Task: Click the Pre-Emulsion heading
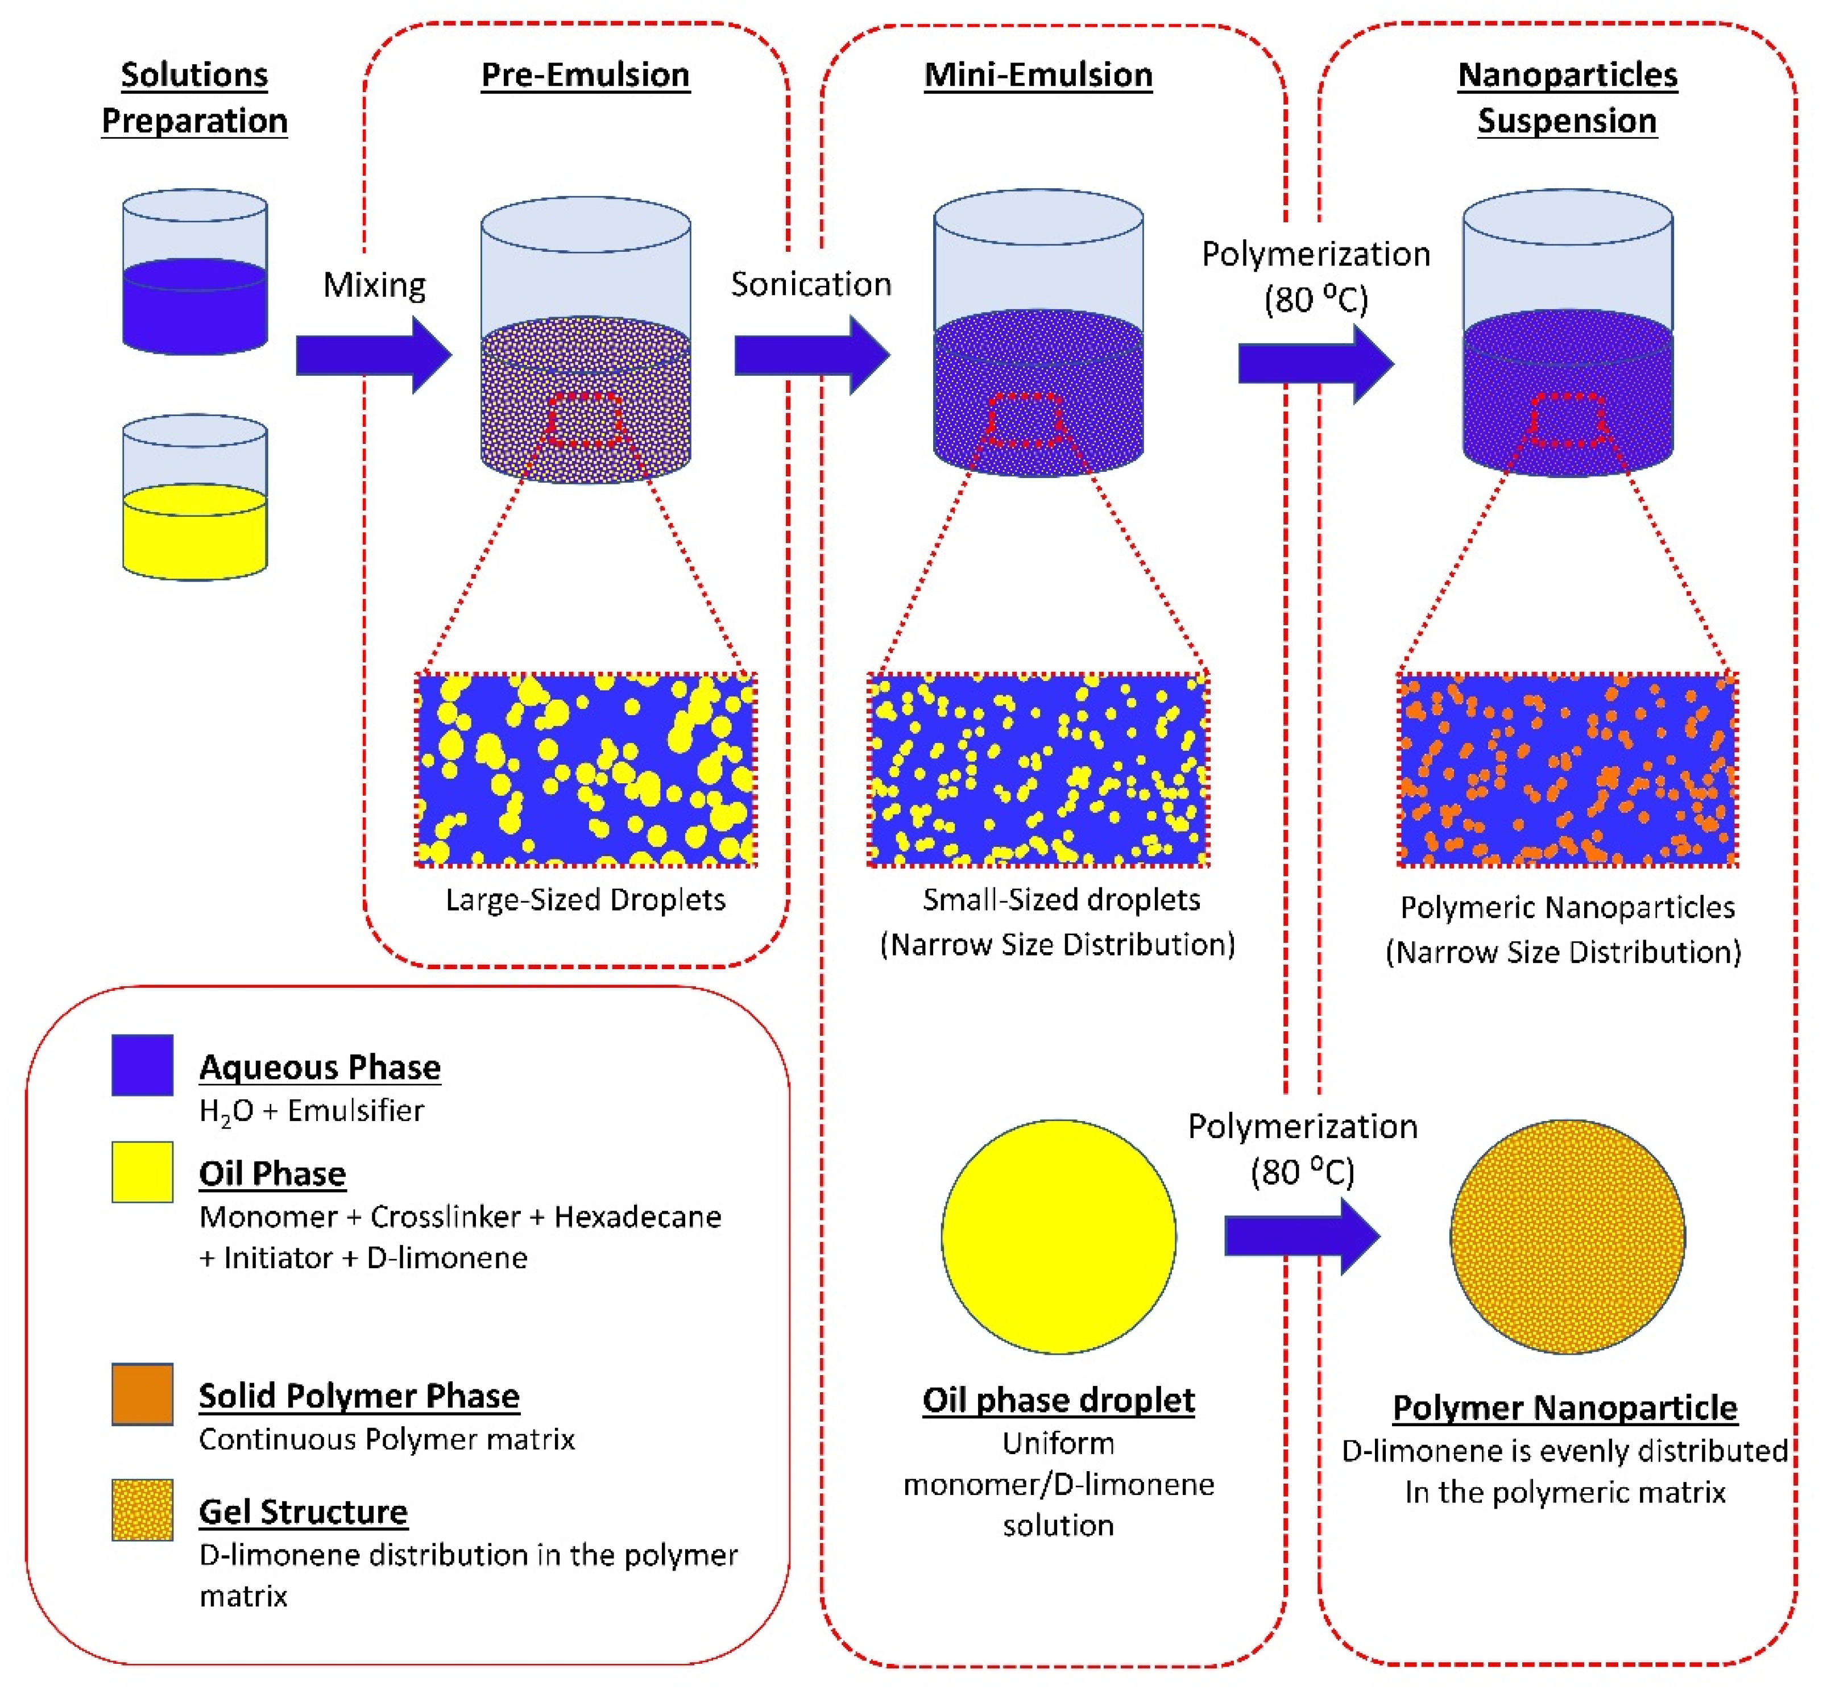(586, 75)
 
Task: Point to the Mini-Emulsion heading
(1038, 75)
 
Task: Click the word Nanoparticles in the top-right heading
(1567, 75)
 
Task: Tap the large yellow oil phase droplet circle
(1059, 1236)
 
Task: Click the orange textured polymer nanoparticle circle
(1567, 1236)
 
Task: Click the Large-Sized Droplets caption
(586, 900)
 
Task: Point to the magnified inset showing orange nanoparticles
(1567, 769)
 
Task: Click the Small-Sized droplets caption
(1060, 900)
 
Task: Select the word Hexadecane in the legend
(637, 1217)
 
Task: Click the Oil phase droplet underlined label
(1059, 1400)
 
